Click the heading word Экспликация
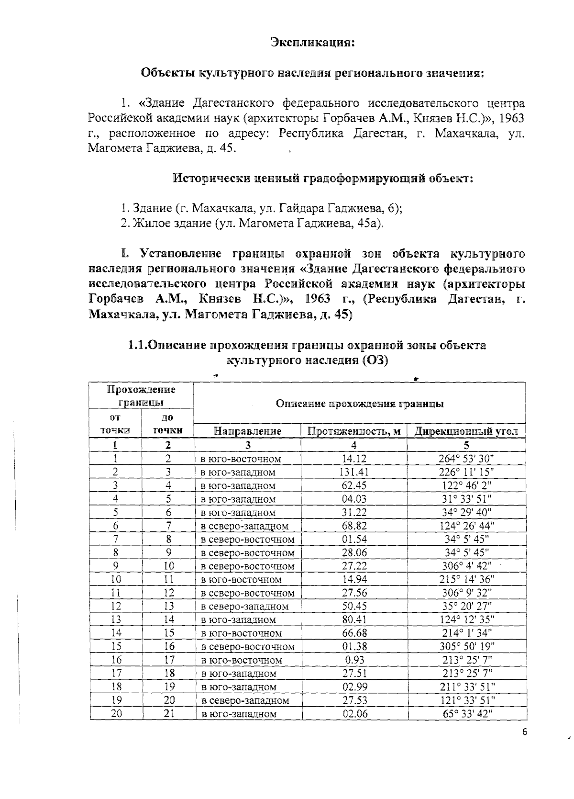313,42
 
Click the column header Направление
247,431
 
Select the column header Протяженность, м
354,431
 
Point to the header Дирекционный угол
466,431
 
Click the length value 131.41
354,472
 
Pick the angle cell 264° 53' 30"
466,459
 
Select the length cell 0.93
354,660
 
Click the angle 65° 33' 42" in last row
466,713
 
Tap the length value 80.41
354,619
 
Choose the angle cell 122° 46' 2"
466,485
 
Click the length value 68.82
354,526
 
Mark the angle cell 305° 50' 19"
466,646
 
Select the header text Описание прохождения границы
360,404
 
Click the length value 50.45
354,606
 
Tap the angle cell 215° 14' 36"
466,579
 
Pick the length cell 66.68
354,633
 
